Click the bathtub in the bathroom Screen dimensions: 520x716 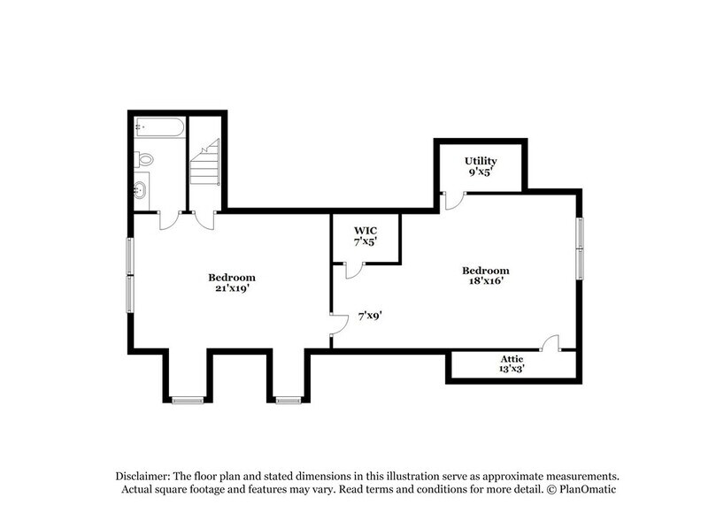coord(159,128)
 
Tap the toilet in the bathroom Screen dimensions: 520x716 coord(144,159)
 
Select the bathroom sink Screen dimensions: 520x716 coord(142,188)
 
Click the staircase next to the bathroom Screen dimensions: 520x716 coord(204,164)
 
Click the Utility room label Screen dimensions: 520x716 coord(481,161)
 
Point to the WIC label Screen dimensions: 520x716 coord(366,230)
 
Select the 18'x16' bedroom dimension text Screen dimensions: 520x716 coord(485,282)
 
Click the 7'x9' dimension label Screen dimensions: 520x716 coord(370,315)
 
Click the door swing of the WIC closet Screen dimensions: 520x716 coord(353,271)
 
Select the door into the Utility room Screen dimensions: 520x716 coord(452,202)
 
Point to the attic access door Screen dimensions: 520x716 coord(550,343)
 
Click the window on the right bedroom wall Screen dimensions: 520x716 coord(581,247)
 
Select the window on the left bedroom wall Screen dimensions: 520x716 coord(130,275)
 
